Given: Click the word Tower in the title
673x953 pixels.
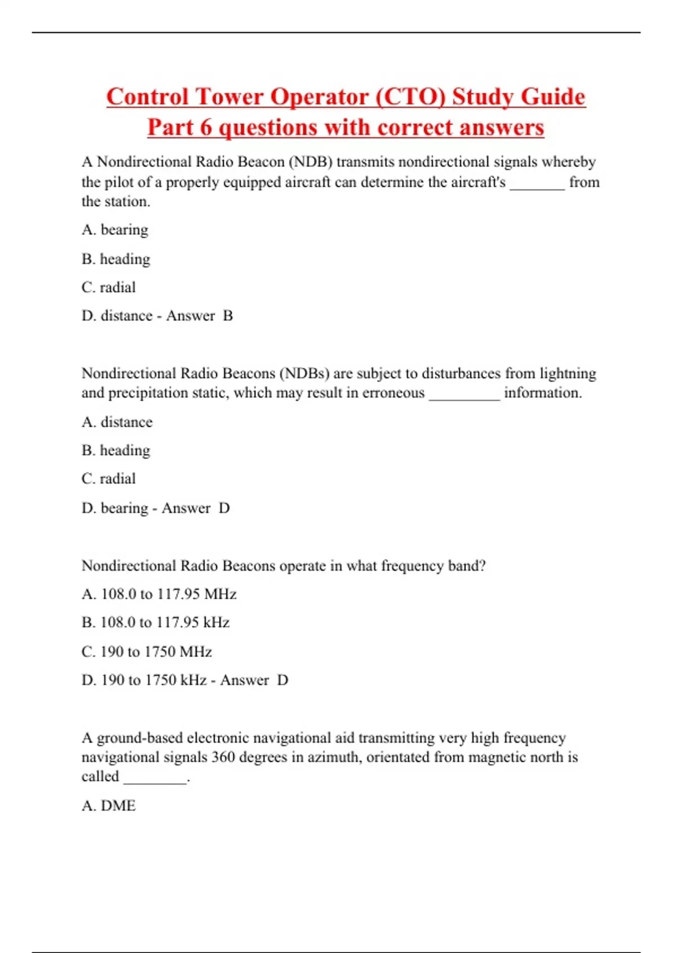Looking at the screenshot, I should [x=229, y=97].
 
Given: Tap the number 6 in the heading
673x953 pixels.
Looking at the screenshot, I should [x=206, y=128].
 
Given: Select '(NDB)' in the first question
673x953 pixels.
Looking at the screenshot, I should [x=310, y=162].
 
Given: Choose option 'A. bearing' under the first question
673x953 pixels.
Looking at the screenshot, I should [x=115, y=230].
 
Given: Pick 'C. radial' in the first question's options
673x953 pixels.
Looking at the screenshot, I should [x=109, y=288].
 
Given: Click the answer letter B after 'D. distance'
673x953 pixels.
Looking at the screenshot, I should [x=228, y=316].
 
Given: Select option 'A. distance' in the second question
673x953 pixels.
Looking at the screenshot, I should [x=117, y=422].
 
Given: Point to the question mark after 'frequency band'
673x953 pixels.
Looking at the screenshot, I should [x=482, y=566].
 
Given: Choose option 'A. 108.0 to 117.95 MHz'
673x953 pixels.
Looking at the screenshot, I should [x=159, y=594].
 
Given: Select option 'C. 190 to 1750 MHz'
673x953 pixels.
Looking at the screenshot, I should [x=146, y=652].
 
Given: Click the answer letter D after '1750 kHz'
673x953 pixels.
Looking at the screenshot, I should [x=283, y=681].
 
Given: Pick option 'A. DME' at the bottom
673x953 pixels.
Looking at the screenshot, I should [x=109, y=806].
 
